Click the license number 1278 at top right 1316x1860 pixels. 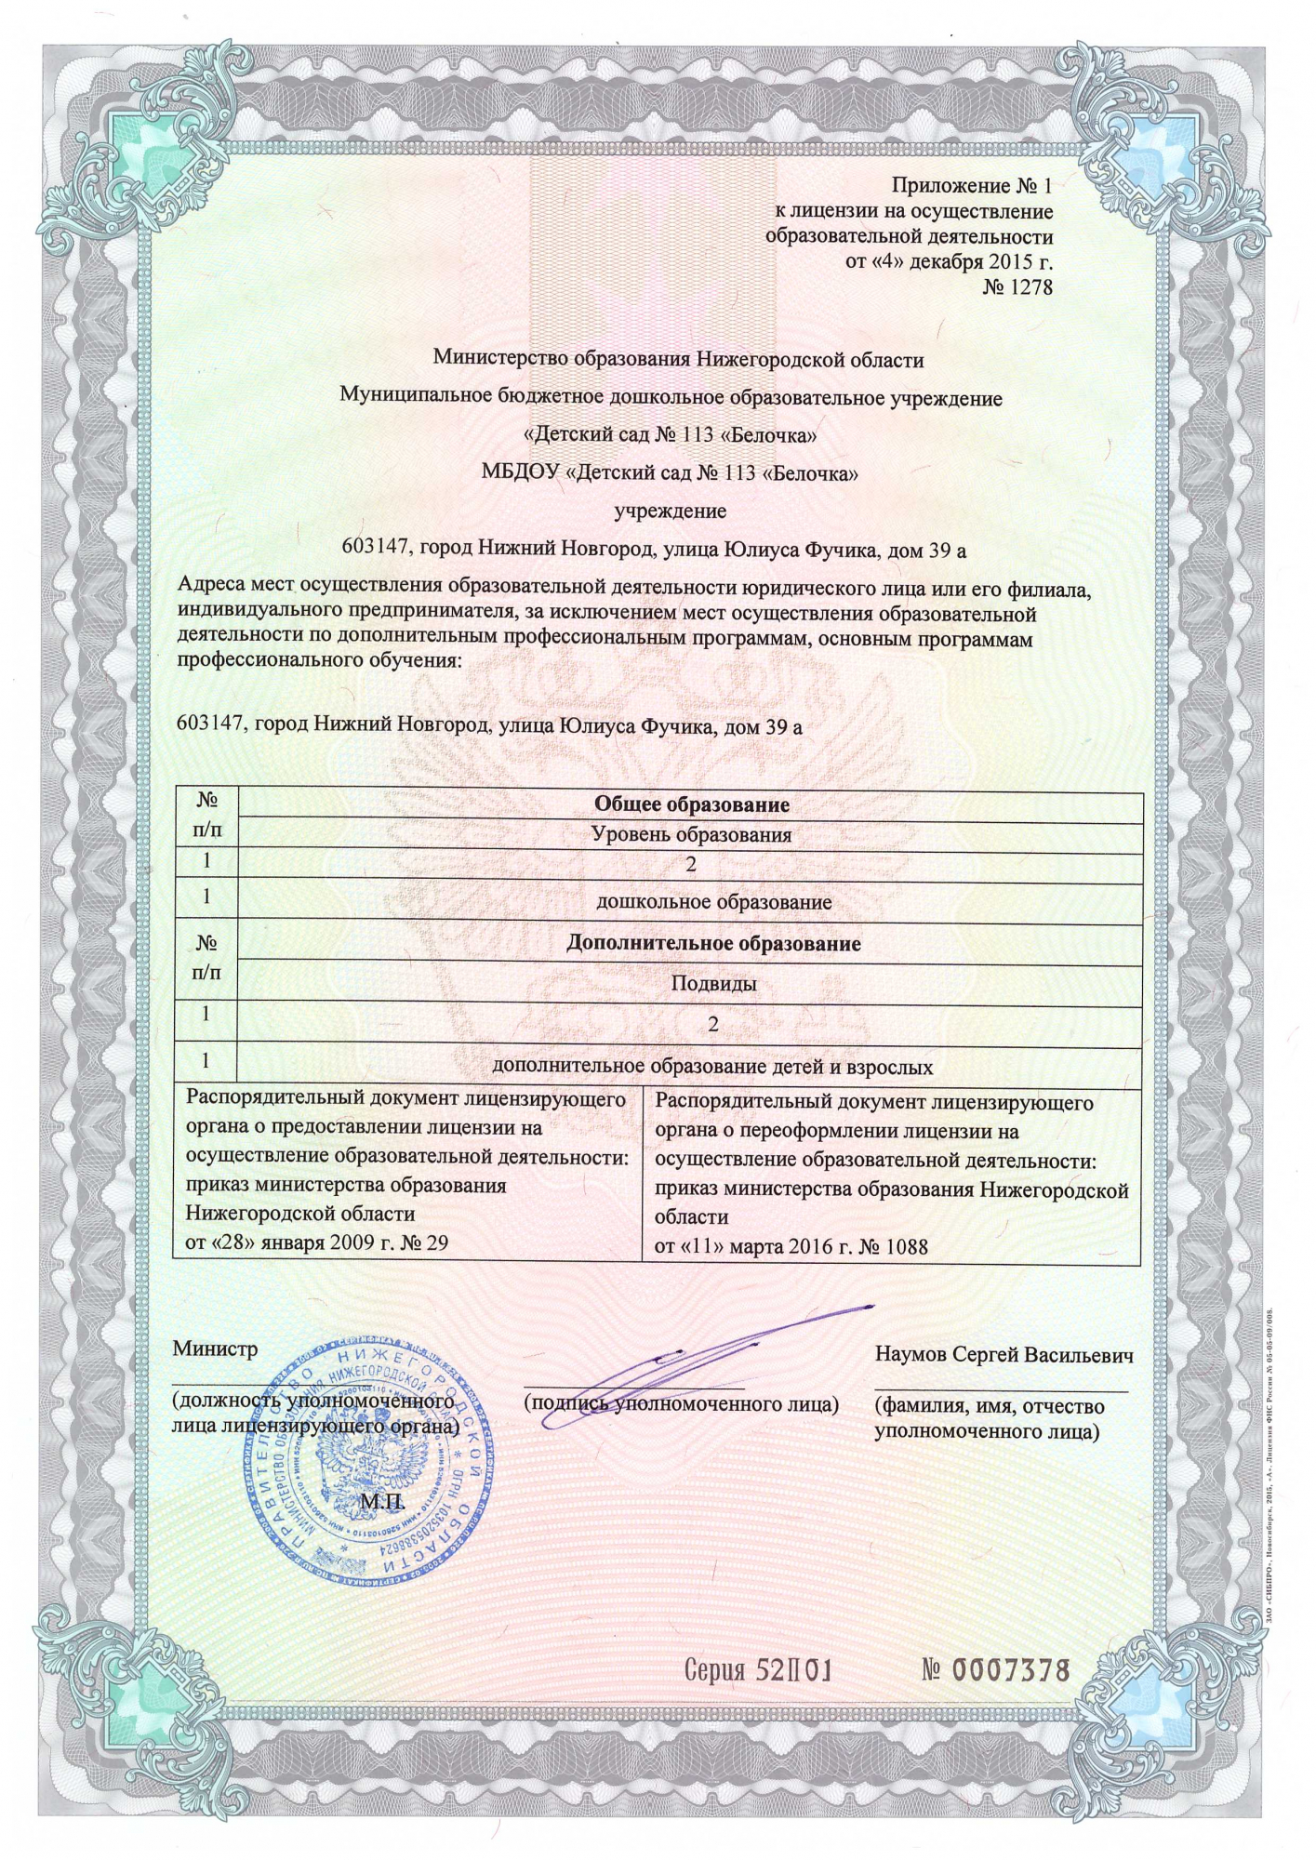coord(1017,287)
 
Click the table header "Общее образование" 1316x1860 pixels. coord(691,804)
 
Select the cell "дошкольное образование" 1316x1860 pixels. coord(713,902)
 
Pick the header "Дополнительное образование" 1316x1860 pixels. coord(713,944)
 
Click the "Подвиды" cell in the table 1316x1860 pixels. coord(713,983)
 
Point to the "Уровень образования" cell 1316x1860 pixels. coord(692,835)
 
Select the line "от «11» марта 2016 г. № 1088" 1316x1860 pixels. coord(791,1247)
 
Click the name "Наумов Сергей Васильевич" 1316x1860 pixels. coord(1004,1355)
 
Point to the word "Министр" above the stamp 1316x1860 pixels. coord(215,1350)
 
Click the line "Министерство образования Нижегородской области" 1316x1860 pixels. coord(679,358)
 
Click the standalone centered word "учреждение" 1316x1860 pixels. coord(671,511)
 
